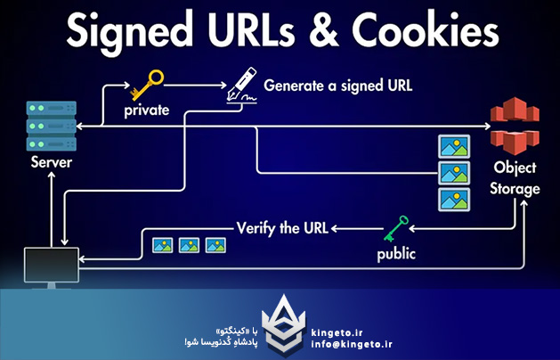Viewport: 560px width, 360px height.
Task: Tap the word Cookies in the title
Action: pos(426,33)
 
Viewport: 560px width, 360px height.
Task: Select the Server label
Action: pos(51,163)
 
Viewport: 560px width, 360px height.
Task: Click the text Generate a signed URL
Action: pos(338,86)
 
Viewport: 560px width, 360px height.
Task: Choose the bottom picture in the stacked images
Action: pos(453,197)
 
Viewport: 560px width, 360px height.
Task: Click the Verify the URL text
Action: pos(282,227)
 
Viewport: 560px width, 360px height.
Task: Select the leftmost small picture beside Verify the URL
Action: pos(162,243)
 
